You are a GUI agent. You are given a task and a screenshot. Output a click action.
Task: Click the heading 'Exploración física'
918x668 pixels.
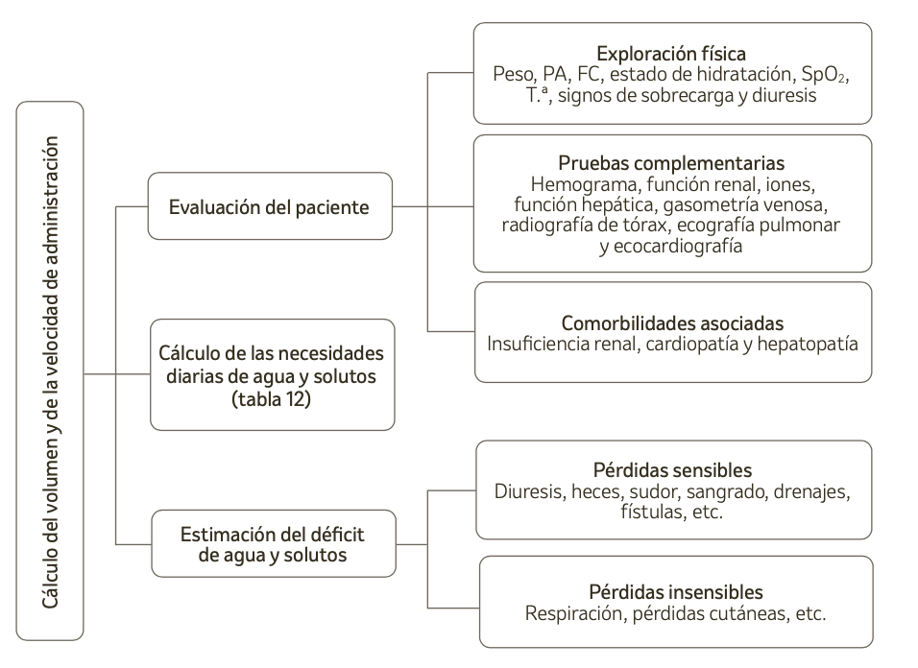671,54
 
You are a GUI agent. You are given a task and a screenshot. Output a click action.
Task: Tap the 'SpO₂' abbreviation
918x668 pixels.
824,74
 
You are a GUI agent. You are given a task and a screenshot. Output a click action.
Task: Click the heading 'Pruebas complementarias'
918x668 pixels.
671,163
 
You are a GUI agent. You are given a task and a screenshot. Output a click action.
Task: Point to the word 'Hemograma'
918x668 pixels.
586,185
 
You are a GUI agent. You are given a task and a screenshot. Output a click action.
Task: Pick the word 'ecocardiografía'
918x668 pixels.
678,247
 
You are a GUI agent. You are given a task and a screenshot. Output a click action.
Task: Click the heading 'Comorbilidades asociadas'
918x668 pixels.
672,323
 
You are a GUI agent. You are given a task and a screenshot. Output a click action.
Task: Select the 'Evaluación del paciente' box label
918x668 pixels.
269,207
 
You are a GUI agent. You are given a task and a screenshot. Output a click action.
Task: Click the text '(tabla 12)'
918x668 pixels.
271,399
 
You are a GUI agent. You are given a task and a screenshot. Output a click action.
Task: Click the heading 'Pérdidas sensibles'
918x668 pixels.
673,470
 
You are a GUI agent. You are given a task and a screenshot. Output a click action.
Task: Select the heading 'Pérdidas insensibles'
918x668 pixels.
676,592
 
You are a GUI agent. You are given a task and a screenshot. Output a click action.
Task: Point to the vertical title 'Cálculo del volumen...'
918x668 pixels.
50,372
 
